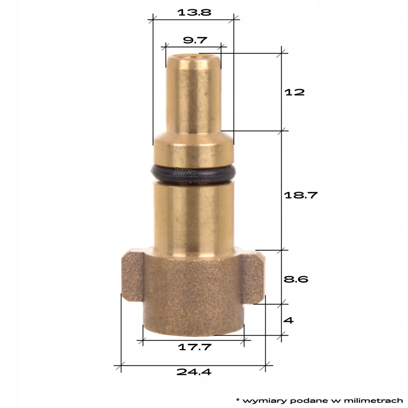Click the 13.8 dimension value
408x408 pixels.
click(194, 12)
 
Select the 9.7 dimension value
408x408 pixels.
click(194, 40)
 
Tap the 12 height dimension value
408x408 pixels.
click(294, 92)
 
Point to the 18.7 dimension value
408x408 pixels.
click(301, 195)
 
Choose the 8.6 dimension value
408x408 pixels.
click(296, 279)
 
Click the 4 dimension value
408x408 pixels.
click(288, 320)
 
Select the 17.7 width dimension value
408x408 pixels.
click(194, 346)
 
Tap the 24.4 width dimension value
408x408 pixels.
click(194, 372)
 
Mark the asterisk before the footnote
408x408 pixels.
click(238, 399)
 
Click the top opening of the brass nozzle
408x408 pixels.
click(193, 57)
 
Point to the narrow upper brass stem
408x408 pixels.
click(193, 98)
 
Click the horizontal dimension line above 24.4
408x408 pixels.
click(193, 365)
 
